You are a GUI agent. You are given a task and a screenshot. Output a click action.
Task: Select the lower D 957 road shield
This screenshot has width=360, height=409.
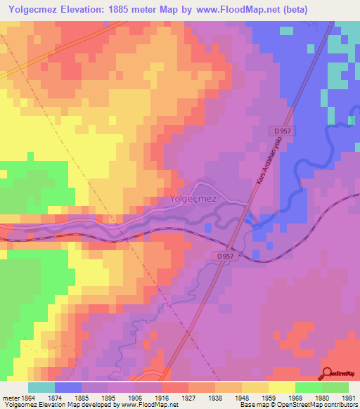pyautogui.click(x=225, y=257)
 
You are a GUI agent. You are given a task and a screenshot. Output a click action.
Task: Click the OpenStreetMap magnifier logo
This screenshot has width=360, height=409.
pyautogui.click(x=327, y=372)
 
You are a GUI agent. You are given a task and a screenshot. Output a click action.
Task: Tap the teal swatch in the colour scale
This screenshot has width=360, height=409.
pyautogui.click(x=41, y=387)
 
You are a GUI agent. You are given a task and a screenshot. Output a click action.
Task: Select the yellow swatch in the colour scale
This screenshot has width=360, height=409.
pyautogui.click(x=282, y=387)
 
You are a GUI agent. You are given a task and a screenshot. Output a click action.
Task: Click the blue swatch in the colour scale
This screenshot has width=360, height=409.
pyautogui.click(x=68, y=387)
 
